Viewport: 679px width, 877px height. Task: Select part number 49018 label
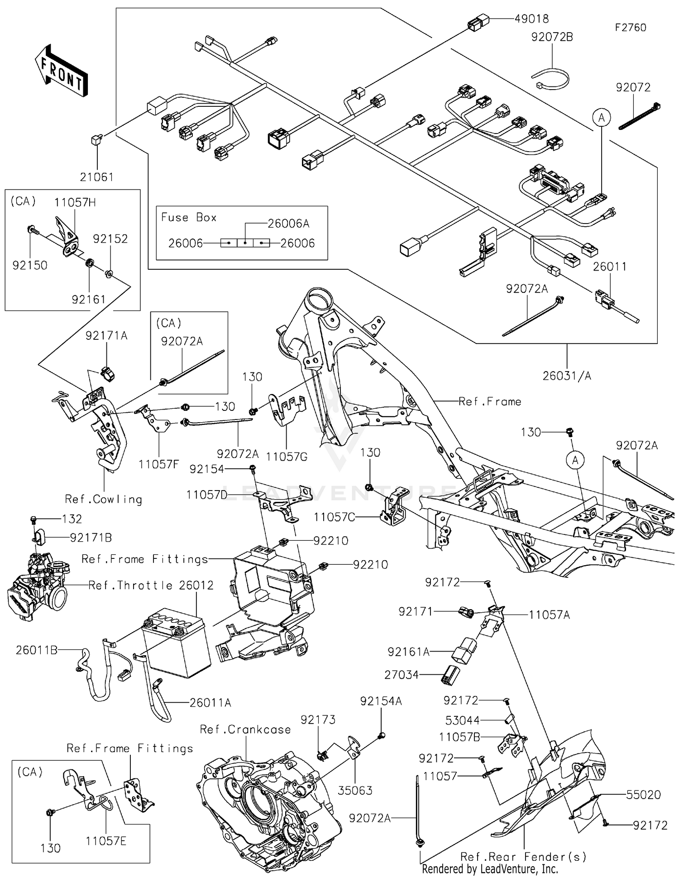coord(531,19)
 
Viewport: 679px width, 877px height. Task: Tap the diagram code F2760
coord(630,28)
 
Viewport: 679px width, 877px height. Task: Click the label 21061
coord(96,177)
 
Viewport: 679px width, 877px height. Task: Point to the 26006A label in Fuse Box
coord(288,224)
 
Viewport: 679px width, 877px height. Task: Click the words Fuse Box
coord(189,217)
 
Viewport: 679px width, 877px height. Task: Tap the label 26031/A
coord(567,376)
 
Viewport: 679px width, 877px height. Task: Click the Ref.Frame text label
coord(490,401)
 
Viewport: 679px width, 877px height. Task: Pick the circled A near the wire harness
coord(601,118)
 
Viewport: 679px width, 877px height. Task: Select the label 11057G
coord(287,457)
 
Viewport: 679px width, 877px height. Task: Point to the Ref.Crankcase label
coord(245,729)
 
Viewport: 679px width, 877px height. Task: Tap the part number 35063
coord(355,790)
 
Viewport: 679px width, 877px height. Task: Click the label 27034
coord(402,675)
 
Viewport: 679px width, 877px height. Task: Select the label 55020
coord(643,795)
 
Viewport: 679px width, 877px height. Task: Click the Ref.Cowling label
coord(104,499)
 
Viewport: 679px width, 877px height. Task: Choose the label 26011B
coord(37,650)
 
